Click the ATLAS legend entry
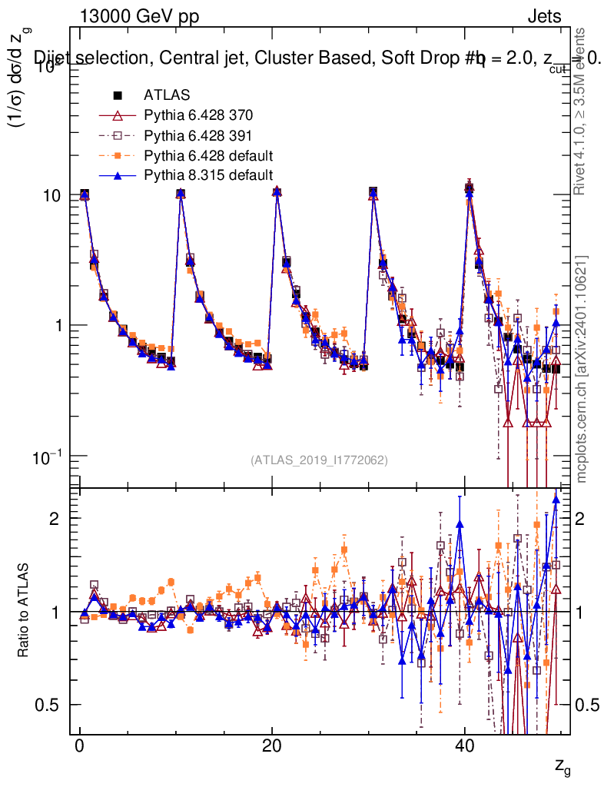[167, 95]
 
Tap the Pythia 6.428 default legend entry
[208, 155]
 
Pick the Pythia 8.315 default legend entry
[208, 174]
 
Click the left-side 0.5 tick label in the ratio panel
[48, 705]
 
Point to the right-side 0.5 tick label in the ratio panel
[588, 705]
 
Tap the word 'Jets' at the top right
[543, 17]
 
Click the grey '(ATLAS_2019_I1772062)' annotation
[319, 460]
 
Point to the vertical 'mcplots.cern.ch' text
[582, 369]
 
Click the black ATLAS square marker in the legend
[118, 95]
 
